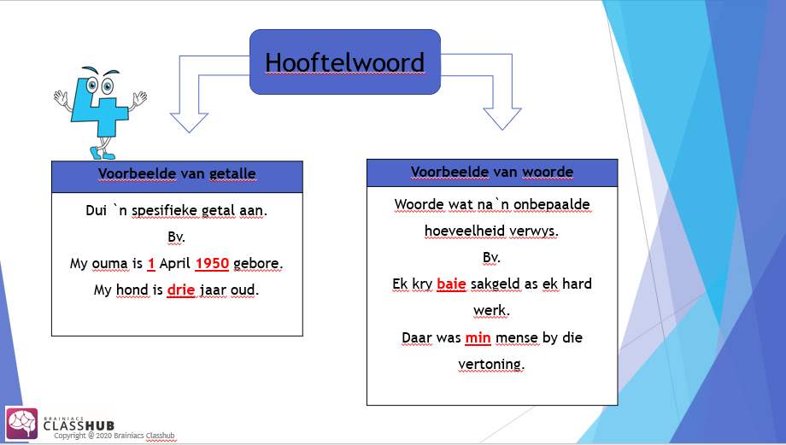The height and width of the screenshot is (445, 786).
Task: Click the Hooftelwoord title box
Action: click(344, 61)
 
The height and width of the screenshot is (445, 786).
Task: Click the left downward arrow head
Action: click(190, 120)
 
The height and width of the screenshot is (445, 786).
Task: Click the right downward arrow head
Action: click(502, 118)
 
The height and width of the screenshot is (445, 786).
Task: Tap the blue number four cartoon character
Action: click(101, 111)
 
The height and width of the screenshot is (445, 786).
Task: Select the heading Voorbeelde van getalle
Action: click(177, 174)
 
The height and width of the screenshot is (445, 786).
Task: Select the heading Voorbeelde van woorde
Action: click(491, 172)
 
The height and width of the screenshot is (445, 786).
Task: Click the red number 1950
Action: click(212, 264)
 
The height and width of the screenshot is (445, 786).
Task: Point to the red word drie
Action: click(181, 290)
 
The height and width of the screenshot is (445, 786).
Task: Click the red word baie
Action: click(452, 284)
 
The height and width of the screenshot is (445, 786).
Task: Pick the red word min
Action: click(478, 337)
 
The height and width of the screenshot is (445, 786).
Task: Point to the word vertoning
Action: click(491, 364)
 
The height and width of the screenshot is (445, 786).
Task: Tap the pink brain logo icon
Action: click(22, 424)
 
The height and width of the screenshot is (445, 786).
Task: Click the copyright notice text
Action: click(114, 436)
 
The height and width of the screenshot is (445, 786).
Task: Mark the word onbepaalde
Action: click(548, 205)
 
